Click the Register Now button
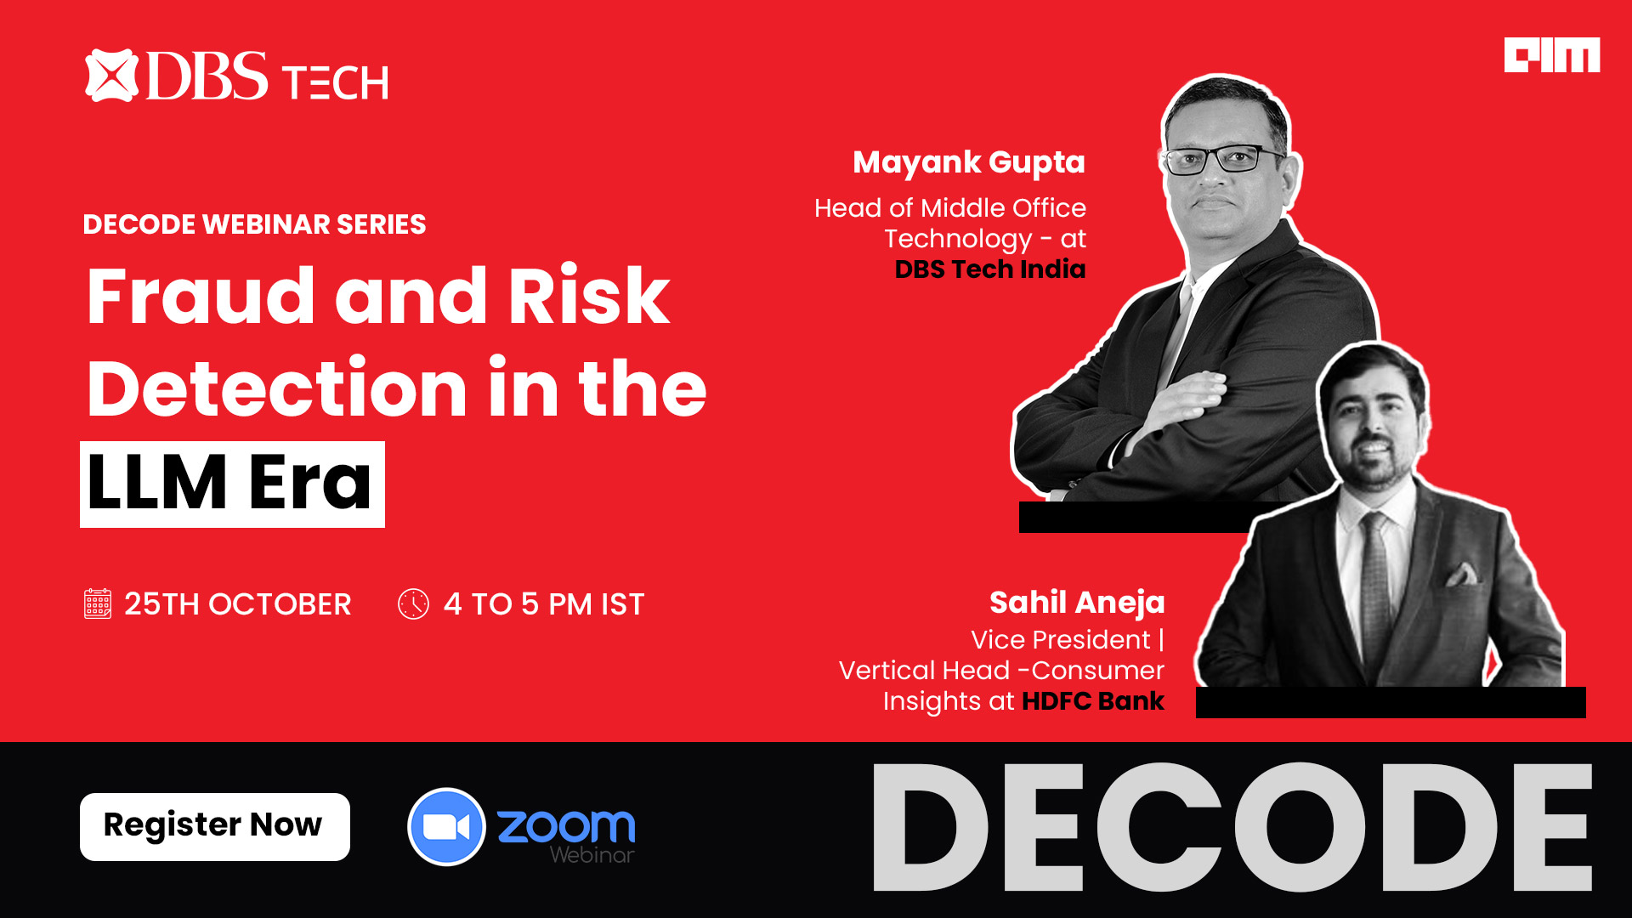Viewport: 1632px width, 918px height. [x=215, y=826]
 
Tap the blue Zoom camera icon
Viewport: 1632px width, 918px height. [x=446, y=827]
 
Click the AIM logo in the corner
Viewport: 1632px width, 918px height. [x=1552, y=55]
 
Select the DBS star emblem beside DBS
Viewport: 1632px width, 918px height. [x=111, y=76]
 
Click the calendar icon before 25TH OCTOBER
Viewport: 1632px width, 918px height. [x=98, y=603]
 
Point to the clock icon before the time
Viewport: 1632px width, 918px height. [x=413, y=604]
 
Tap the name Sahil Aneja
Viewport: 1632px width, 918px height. [x=1077, y=603]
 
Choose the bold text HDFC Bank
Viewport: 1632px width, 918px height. [x=1093, y=701]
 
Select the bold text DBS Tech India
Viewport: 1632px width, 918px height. [x=990, y=269]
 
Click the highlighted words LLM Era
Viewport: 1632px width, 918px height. [x=232, y=484]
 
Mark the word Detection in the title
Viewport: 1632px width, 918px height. [x=277, y=388]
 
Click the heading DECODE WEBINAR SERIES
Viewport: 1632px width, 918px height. [x=254, y=224]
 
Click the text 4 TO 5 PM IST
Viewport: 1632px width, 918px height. [x=544, y=604]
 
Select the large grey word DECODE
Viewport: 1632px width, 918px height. [x=1232, y=827]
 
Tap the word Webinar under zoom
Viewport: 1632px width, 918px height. [x=592, y=855]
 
